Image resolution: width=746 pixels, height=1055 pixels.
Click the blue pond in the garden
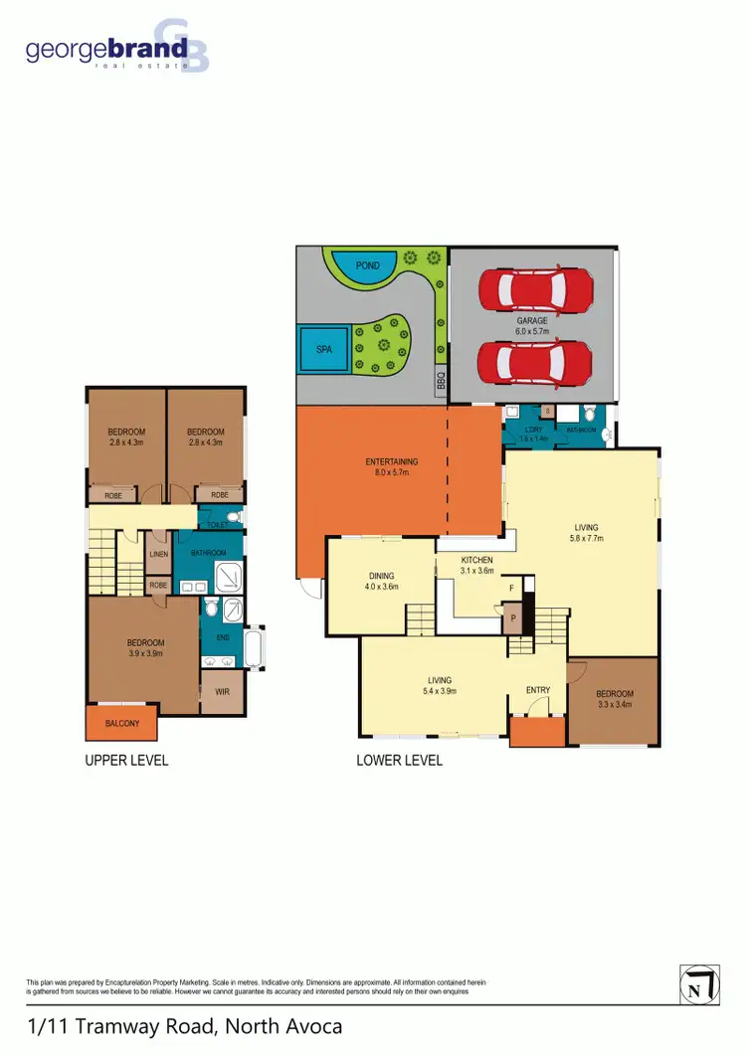tap(356, 266)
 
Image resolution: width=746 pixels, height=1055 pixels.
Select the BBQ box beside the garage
tap(441, 380)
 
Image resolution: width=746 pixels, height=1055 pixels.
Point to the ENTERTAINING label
tap(391, 461)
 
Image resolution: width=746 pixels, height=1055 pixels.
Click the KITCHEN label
tap(476, 560)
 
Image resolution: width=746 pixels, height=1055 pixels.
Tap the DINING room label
tap(381, 576)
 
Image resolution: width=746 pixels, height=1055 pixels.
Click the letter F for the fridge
tap(511, 589)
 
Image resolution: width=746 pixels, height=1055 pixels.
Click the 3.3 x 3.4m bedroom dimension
tap(614, 705)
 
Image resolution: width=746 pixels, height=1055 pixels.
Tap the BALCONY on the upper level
tap(121, 724)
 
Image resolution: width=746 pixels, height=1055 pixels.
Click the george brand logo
tap(117, 48)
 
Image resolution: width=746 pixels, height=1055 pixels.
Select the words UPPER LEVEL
tap(126, 761)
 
